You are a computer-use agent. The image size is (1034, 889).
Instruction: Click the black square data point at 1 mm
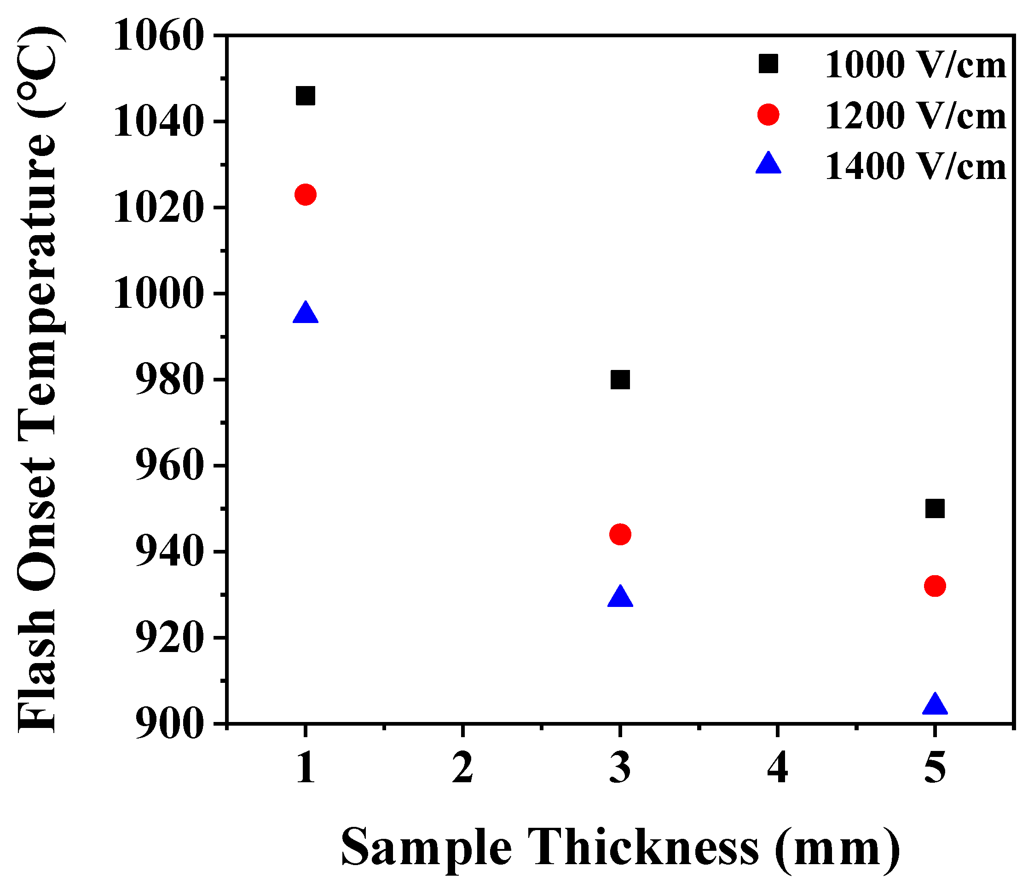click(306, 96)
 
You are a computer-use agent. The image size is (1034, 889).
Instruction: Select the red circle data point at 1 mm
click(306, 194)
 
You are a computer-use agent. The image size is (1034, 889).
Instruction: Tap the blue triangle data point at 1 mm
click(306, 313)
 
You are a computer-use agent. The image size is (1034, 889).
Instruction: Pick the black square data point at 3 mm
click(620, 380)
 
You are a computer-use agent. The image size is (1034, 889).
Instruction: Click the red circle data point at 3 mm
click(620, 534)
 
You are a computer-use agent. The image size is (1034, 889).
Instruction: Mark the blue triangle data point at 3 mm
click(620, 597)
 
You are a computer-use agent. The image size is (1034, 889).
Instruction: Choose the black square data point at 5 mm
click(935, 509)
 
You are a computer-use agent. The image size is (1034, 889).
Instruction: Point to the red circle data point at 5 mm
click(935, 586)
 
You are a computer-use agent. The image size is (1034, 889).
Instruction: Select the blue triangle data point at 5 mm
click(935, 704)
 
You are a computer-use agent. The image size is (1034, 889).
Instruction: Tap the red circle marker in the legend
click(768, 115)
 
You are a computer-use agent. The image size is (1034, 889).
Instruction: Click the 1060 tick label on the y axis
click(159, 36)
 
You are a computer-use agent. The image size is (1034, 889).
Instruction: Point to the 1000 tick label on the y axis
click(159, 294)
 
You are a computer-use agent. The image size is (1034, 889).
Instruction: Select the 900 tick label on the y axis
click(170, 723)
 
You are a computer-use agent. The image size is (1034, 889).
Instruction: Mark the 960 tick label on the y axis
click(170, 466)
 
